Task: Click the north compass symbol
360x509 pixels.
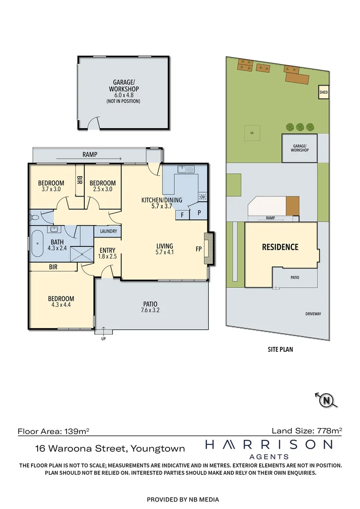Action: pos(326,400)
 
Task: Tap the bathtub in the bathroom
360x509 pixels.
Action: pos(38,244)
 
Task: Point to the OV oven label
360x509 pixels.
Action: pos(203,197)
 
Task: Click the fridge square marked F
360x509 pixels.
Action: pos(182,215)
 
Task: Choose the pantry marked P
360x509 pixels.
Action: pos(199,213)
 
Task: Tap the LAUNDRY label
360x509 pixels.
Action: pos(108,231)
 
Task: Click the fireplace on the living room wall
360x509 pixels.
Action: pos(209,249)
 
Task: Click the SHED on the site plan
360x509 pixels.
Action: pos(324,92)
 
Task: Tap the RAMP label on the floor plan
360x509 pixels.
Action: pos(90,155)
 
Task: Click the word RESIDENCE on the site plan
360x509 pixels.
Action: pos(280,247)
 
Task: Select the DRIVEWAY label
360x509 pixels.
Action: pos(313,314)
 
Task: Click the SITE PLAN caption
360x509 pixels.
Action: pos(280,350)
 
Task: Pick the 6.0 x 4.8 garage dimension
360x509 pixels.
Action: pos(123,95)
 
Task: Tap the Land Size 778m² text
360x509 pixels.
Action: pos(307,431)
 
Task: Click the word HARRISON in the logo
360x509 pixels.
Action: pos(269,444)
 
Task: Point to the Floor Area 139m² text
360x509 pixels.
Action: pos(53,431)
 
